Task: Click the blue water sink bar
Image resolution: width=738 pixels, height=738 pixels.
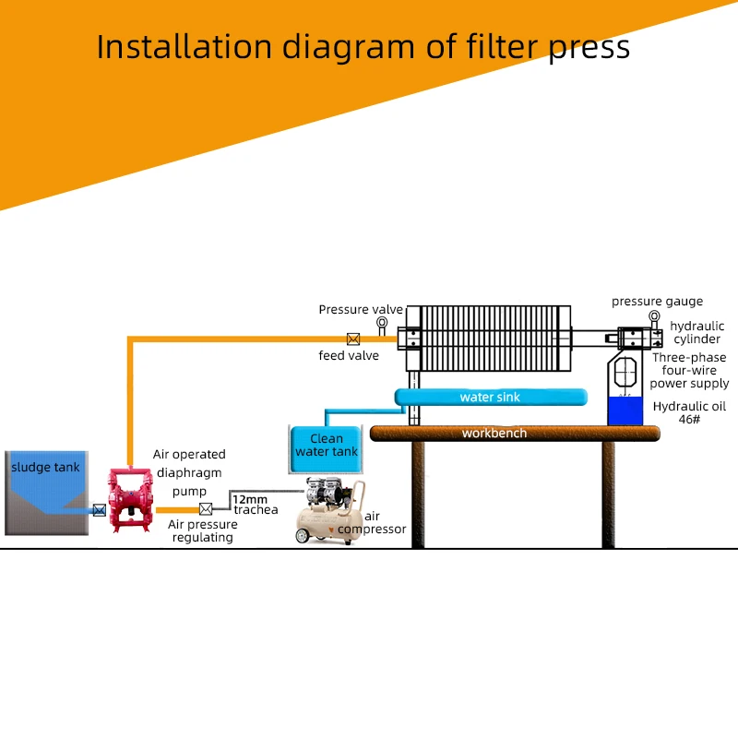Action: click(x=490, y=398)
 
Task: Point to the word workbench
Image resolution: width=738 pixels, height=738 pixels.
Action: click(x=494, y=433)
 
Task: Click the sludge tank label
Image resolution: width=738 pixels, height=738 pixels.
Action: click(x=45, y=467)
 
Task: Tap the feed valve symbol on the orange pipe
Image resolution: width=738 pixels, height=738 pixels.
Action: click(x=352, y=339)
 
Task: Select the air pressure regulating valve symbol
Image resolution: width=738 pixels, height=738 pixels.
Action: click(x=205, y=508)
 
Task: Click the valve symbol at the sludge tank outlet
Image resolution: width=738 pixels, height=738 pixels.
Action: click(x=99, y=509)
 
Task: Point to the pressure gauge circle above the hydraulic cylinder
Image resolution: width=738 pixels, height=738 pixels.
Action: click(x=654, y=317)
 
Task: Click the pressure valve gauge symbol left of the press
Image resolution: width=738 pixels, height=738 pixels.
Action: click(x=382, y=322)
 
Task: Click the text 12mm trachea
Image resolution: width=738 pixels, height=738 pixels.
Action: click(x=254, y=505)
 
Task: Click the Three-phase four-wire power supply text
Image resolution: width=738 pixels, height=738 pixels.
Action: click(x=689, y=370)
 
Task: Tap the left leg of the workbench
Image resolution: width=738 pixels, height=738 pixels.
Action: click(x=418, y=494)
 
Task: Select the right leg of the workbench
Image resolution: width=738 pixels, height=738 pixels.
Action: click(x=609, y=494)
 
